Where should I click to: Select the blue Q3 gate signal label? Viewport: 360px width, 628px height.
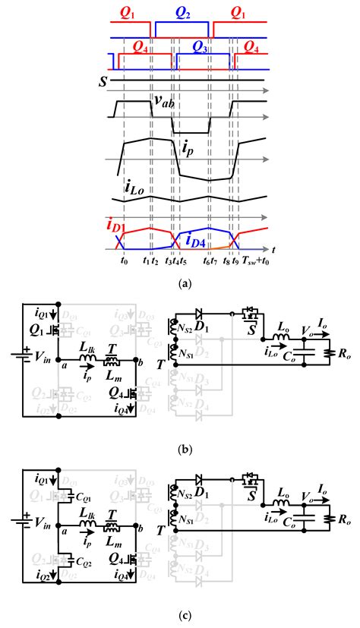[x=201, y=47]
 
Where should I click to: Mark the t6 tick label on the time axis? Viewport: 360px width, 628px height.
[x=206, y=260]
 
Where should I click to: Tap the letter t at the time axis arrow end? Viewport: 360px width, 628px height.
[x=272, y=249]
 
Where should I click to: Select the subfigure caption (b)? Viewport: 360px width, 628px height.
[x=180, y=450]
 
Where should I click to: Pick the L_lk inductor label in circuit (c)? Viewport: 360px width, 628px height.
[x=89, y=516]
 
